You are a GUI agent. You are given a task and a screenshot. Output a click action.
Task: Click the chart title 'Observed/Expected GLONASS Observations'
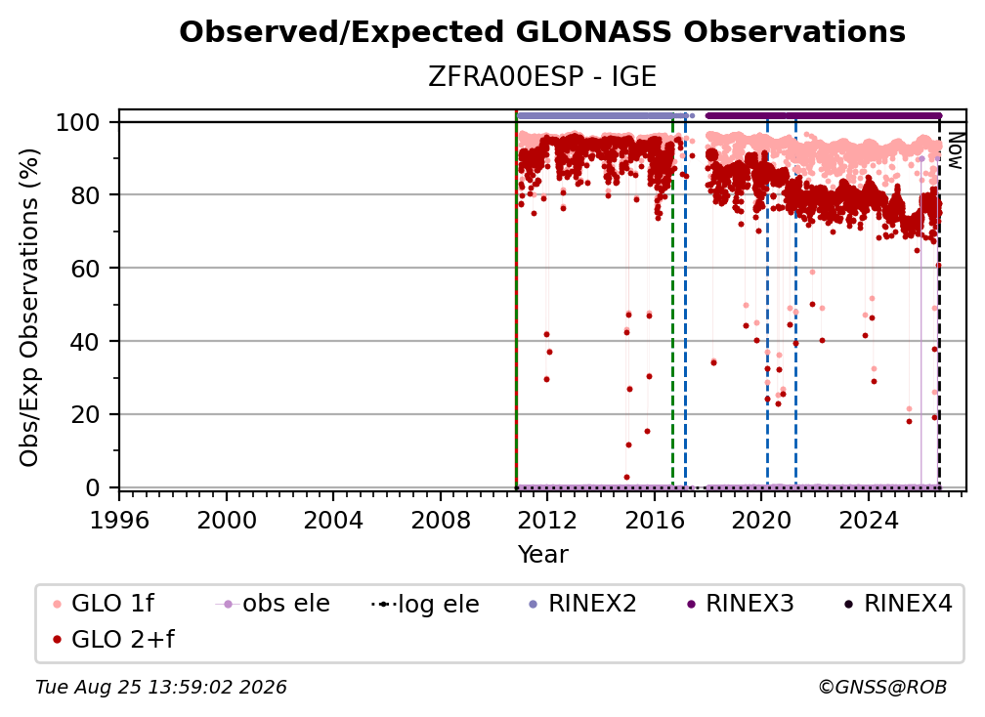pos(542,32)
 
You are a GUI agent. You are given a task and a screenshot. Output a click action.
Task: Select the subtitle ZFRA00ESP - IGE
pos(542,77)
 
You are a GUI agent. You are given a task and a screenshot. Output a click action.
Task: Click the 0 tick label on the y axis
pos(93,487)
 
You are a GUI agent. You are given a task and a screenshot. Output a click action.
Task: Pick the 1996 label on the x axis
pos(119,521)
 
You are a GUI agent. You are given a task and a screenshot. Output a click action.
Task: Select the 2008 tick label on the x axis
pos(441,521)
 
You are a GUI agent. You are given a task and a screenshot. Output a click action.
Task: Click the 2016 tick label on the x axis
pos(654,521)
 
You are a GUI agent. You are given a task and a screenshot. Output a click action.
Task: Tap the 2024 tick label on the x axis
pos(868,521)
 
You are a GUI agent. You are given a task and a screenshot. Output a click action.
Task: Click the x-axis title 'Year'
pos(542,555)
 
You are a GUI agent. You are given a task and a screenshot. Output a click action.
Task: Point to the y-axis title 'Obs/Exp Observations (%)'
pos(29,308)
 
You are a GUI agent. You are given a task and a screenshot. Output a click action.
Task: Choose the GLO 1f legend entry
pos(104,604)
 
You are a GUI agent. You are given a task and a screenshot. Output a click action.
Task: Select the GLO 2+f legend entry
pos(113,639)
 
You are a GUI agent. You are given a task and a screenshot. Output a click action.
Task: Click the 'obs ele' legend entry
pos(273,604)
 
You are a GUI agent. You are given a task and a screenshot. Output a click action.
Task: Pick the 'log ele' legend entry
pos(425,604)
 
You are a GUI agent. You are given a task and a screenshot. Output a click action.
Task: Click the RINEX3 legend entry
pos(740,604)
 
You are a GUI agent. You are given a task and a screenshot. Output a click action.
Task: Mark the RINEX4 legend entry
pos(898,604)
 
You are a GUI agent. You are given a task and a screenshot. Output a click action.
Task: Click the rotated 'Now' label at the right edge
pos(955,150)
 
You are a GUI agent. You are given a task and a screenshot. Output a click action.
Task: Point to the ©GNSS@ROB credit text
pos(882,688)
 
